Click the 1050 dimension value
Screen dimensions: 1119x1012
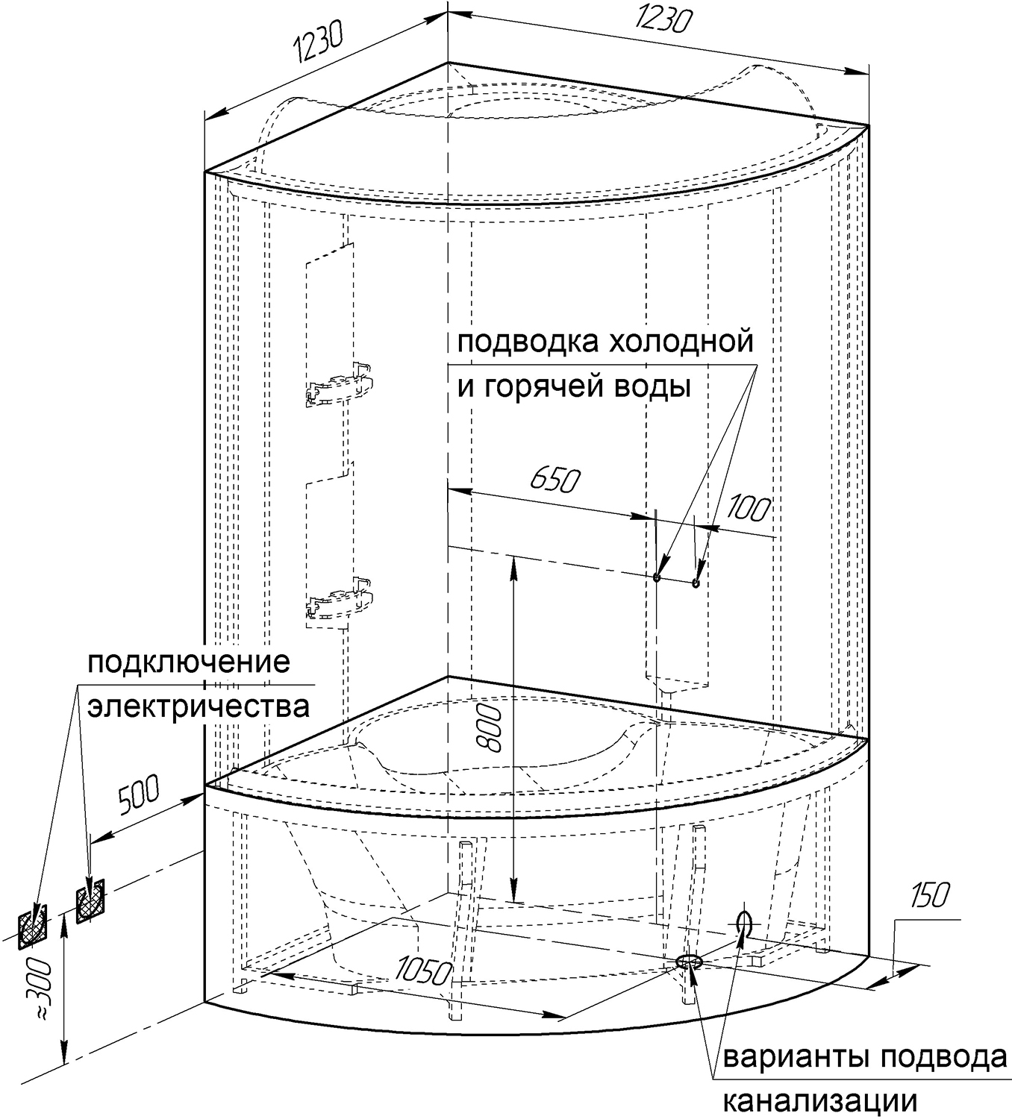tap(425, 971)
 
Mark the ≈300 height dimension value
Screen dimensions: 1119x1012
tap(39, 986)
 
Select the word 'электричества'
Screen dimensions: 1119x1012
tap(198, 706)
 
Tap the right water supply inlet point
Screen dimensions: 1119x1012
tap(696, 583)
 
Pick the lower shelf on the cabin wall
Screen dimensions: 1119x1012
tap(337, 601)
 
